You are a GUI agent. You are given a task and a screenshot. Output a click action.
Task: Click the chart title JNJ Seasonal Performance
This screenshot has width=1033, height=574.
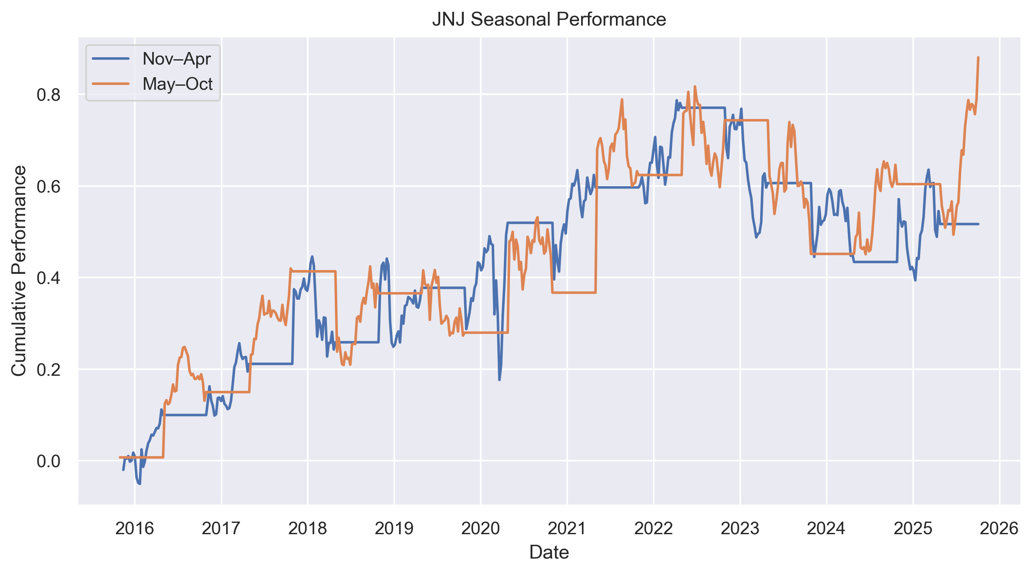pyautogui.click(x=549, y=19)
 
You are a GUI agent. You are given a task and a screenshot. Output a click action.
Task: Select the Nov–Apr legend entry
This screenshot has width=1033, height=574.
pyautogui.click(x=176, y=59)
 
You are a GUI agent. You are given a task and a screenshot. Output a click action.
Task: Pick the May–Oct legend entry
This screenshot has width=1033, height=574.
pyautogui.click(x=177, y=84)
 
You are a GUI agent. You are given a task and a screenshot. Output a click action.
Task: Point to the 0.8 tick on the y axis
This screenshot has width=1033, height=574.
pyautogui.click(x=48, y=95)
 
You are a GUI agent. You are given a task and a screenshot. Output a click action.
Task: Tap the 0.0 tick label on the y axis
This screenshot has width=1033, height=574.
pyautogui.click(x=48, y=461)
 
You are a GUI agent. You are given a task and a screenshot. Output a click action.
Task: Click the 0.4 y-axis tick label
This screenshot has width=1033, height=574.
pyautogui.click(x=48, y=278)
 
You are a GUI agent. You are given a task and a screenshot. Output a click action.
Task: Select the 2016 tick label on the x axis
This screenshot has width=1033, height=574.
pyautogui.click(x=135, y=529)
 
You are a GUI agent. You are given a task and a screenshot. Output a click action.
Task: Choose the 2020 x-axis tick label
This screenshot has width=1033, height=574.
pyautogui.click(x=481, y=529)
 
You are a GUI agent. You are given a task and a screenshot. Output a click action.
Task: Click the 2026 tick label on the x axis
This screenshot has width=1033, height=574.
pyautogui.click(x=999, y=529)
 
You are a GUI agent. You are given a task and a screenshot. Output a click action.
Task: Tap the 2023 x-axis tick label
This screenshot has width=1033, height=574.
pyautogui.click(x=740, y=529)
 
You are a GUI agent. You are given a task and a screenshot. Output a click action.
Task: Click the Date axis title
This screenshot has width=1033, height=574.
pyautogui.click(x=549, y=552)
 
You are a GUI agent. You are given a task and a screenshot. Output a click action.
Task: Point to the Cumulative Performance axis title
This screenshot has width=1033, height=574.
pyautogui.click(x=19, y=271)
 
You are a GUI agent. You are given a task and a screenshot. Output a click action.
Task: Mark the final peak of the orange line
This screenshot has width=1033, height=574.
pyautogui.click(x=978, y=58)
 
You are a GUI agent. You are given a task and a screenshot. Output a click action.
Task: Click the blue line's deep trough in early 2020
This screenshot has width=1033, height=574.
pyautogui.click(x=499, y=380)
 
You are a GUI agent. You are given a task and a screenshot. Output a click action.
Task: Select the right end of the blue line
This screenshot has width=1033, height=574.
pyautogui.click(x=978, y=224)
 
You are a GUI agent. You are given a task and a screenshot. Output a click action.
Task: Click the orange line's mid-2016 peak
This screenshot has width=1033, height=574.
pyautogui.click(x=184, y=347)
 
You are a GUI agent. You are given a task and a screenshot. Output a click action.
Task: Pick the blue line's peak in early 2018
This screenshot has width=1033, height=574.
pyautogui.click(x=312, y=256)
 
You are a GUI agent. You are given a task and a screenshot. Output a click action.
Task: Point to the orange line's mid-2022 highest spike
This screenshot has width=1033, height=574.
pyautogui.click(x=695, y=86)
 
